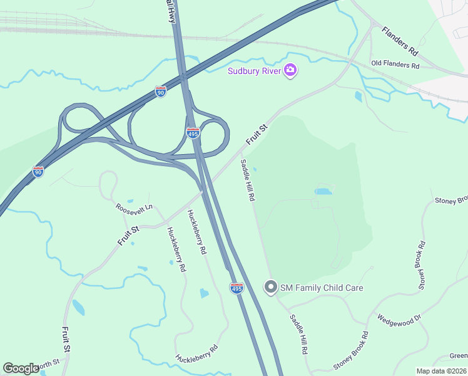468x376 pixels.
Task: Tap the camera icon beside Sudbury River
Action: [x=290, y=70]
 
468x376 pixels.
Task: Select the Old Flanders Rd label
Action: [x=395, y=64]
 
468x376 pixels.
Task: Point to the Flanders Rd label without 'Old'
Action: [x=399, y=39]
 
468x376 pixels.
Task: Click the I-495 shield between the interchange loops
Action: [x=193, y=133]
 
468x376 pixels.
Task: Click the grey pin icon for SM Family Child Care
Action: [x=270, y=288]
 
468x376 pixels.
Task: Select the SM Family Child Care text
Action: [x=322, y=288]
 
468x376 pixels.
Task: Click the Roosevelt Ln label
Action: [x=134, y=207]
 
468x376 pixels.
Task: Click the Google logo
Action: [x=21, y=368]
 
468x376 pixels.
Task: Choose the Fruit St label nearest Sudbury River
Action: [x=257, y=135]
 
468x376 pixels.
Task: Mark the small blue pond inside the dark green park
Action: [x=323, y=191]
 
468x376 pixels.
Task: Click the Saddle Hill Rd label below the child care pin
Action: [x=298, y=335]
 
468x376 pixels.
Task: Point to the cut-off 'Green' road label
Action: [x=459, y=356]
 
